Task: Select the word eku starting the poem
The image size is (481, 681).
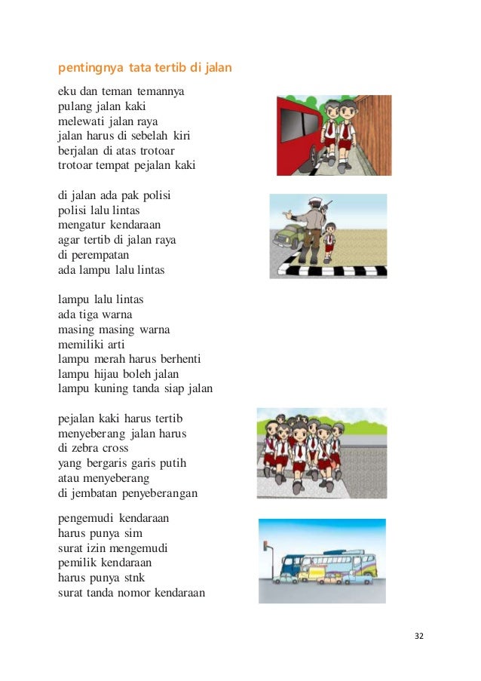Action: [67, 93]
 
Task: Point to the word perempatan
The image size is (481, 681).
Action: [93, 256]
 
